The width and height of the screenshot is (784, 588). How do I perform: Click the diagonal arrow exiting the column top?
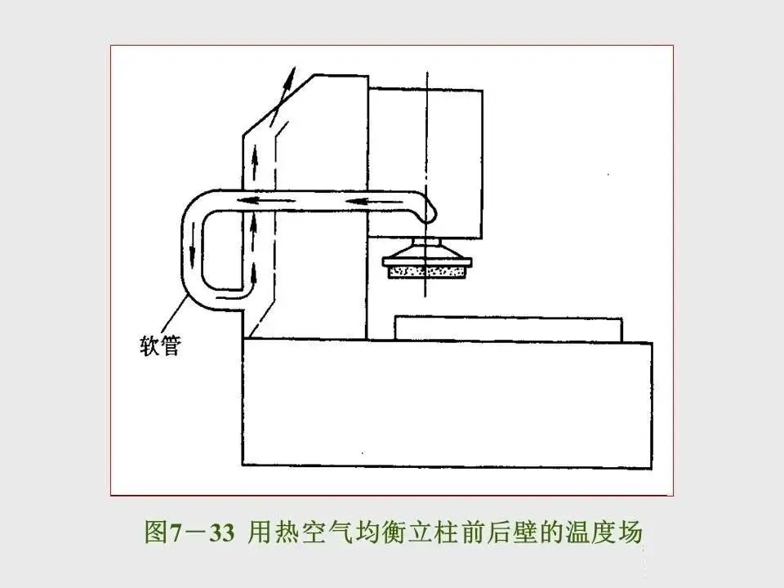[x=282, y=94]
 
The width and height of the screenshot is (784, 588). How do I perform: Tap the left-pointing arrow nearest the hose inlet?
[x=357, y=200]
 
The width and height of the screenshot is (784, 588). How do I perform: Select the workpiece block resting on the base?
[x=509, y=329]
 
